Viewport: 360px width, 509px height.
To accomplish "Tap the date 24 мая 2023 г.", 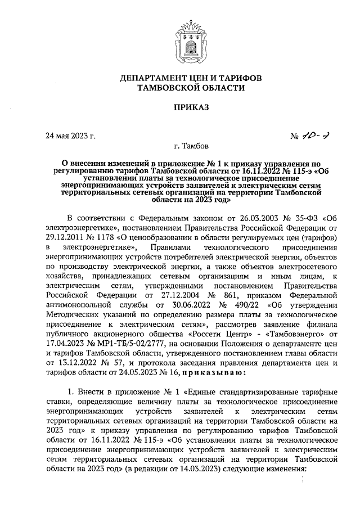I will tap(71, 136).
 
